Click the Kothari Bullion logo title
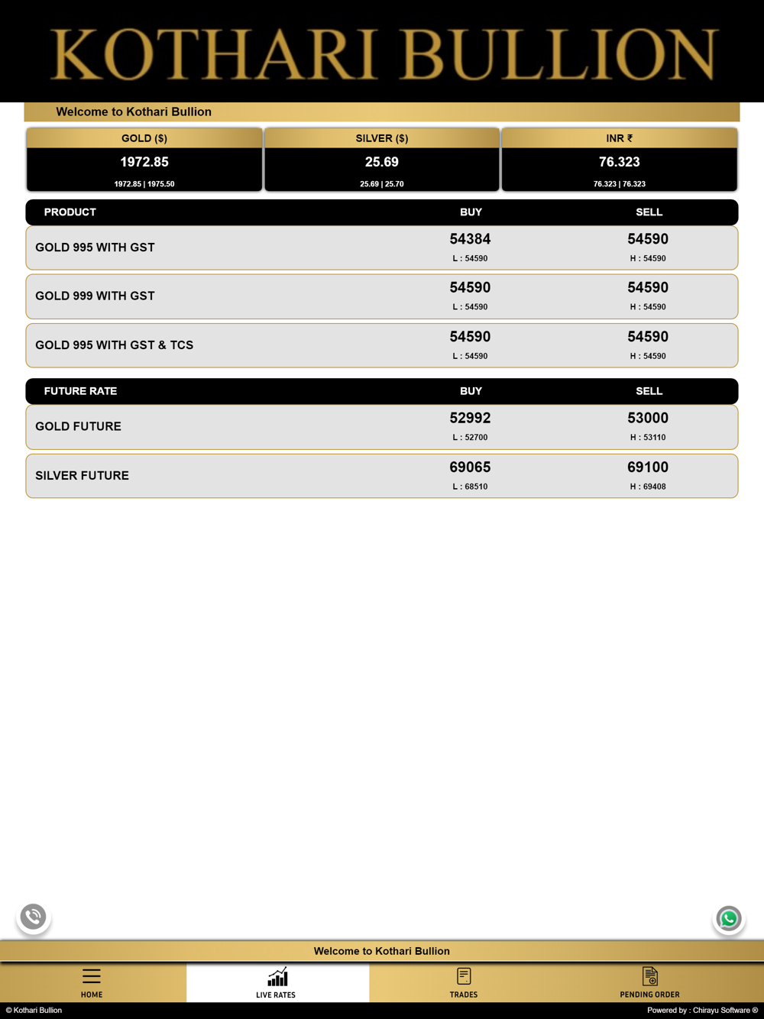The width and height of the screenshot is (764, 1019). pos(382,53)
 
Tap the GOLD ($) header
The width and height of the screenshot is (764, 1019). pos(144,138)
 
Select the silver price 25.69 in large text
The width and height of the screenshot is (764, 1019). pos(382,162)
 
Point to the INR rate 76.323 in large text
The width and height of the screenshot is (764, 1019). pos(619,162)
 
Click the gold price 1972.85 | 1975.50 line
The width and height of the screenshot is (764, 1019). pos(144,184)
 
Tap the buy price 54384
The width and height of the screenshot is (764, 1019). pos(470,239)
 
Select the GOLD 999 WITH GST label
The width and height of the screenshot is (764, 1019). pos(95,296)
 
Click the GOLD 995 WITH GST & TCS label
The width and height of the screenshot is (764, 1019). pos(114,345)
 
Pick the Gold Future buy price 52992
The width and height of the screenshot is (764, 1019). pos(470,418)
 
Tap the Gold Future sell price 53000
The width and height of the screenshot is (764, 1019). pos(648,418)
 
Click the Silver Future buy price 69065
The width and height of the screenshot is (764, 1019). pos(470,467)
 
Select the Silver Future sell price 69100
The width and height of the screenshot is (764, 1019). pos(648,467)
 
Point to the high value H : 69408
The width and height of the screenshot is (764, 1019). pos(648,487)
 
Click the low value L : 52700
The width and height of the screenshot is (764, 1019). pos(470,438)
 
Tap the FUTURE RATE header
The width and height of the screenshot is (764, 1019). pos(80,391)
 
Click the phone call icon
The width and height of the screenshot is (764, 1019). pos(33,916)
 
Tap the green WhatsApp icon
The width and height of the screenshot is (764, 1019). pos(729,918)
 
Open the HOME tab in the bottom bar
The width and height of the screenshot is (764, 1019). pos(92,982)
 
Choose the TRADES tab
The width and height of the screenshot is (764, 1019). pos(464,982)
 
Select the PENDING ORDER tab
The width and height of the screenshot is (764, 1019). pos(649,982)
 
